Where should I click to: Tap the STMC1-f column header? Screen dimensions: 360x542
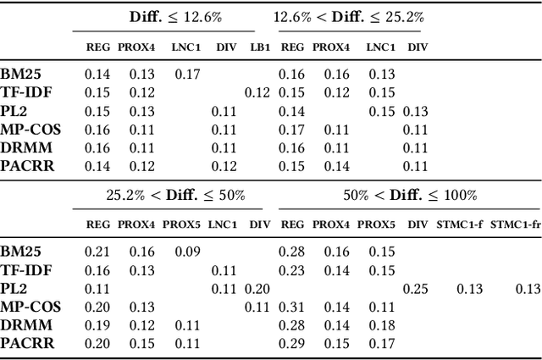tap(468, 224)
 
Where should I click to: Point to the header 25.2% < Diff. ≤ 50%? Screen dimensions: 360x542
tap(176, 195)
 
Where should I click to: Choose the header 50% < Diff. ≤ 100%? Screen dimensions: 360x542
tap(410, 195)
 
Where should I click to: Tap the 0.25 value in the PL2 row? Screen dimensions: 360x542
tap(416, 289)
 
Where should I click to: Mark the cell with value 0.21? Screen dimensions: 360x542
tap(97, 252)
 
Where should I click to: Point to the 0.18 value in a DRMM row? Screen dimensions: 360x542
tap(382, 325)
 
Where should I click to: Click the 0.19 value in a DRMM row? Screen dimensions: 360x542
tap(97, 325)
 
